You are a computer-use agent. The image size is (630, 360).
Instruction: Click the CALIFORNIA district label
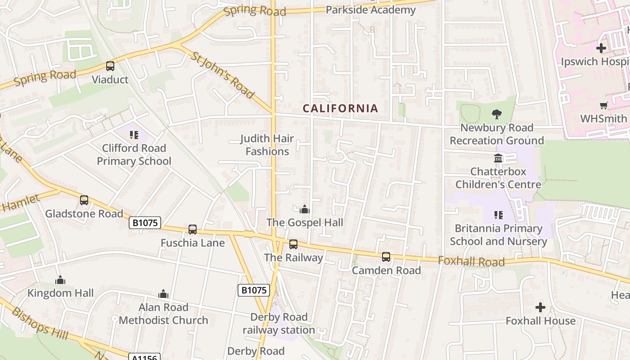340,108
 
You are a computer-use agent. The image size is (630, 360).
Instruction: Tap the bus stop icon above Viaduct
110,66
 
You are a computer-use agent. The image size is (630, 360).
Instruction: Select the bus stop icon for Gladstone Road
84,200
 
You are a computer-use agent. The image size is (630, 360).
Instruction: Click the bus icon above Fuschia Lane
193,229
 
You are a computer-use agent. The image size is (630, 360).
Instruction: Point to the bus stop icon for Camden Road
386,257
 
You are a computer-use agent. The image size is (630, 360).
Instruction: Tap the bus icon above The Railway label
293,244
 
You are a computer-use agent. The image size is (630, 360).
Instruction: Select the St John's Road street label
223,75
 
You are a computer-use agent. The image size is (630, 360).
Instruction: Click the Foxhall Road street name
471,261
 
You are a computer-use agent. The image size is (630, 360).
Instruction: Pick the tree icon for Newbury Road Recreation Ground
497,114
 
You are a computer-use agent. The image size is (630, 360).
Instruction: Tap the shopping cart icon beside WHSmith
603,106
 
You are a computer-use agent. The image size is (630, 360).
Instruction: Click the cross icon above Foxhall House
540,307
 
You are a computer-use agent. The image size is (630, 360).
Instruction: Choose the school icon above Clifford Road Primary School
134,135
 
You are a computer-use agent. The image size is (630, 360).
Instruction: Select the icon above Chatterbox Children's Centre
498,158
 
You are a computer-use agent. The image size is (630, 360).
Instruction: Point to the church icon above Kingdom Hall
60,280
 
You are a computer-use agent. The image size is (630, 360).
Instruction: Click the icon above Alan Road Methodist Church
163,294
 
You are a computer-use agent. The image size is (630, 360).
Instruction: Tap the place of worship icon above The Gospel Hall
305,209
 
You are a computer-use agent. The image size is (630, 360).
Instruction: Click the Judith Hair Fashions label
267,145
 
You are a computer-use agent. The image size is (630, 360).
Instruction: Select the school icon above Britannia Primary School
498,215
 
